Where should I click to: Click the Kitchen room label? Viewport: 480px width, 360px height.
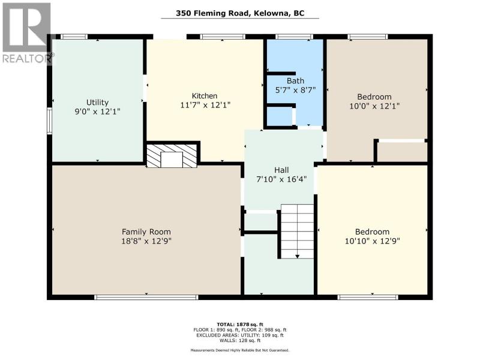point(205,96)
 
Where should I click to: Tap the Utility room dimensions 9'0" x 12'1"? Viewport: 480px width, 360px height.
point(97,112)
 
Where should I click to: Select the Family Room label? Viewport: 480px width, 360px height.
point(146,232)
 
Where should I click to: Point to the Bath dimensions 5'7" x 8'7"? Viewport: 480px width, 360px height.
point(295,91)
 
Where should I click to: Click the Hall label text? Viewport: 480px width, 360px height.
point(281,170)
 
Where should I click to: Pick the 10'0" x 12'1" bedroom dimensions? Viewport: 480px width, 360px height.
point(374,106)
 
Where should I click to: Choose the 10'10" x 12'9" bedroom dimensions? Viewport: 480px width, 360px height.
point(372,241)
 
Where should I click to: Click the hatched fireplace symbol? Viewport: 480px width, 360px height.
point(172,156)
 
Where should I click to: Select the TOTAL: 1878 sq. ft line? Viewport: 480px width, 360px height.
point(240,325)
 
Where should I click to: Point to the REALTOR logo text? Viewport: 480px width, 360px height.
point(27,58)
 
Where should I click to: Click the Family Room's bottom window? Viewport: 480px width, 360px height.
point(146,297)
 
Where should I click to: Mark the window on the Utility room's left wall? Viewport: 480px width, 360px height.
point(49,121)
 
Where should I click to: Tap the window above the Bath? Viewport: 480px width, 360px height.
point(294,37)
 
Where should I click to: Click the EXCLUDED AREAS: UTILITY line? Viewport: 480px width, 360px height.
point(240,335)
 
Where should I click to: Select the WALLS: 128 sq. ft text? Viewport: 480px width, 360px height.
point(240,340)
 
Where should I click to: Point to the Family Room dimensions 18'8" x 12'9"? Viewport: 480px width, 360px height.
point(146,241)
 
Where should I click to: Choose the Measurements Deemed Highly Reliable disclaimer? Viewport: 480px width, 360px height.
point(240,350)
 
